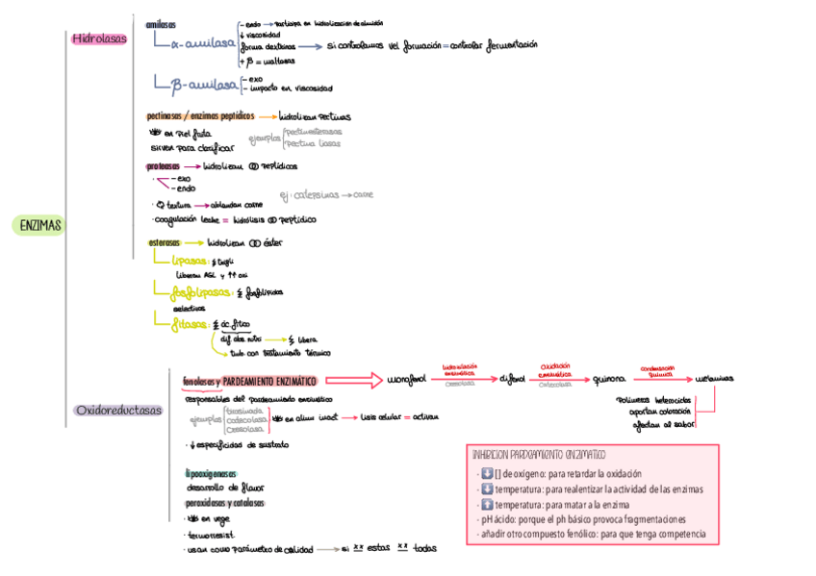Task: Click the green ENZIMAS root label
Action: click(38, 226)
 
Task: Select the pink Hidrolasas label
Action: click(99, 39)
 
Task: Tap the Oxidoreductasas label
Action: click(118, 411)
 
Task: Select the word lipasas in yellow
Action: click(190, 261)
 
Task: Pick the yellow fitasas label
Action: click(190, 324)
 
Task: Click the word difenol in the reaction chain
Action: click(512, 380)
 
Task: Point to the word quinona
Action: click(610, 380)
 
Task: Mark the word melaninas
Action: click(714, 380)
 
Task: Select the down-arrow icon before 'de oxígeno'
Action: click(486, 473)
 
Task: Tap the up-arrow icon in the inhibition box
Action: click(486, 504)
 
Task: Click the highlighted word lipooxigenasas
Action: click(210, 473)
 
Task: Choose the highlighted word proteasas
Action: click(164, 165)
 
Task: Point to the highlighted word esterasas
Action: click(166, 242)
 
